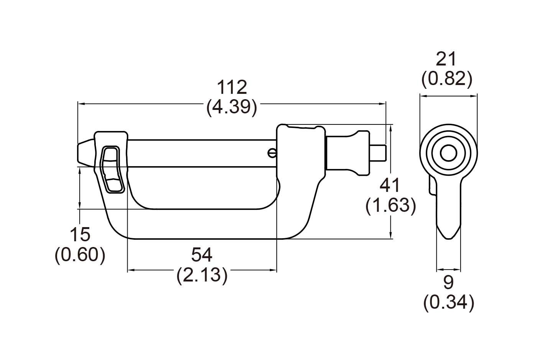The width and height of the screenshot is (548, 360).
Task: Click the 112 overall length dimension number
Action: (x=232, y=87)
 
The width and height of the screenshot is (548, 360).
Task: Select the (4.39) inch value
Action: (x=232, y=107)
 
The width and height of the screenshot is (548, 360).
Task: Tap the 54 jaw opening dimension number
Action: (x=202, y=255)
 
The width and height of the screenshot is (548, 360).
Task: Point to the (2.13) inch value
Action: (x=202, y=275)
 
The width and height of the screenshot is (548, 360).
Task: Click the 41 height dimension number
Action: (x=390, y=185)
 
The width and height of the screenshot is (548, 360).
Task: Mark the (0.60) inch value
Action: (x=80, y=255)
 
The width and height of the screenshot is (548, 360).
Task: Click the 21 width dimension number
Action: (x=446, y=59)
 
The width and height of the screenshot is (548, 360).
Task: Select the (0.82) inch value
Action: (x=447, y=79)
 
